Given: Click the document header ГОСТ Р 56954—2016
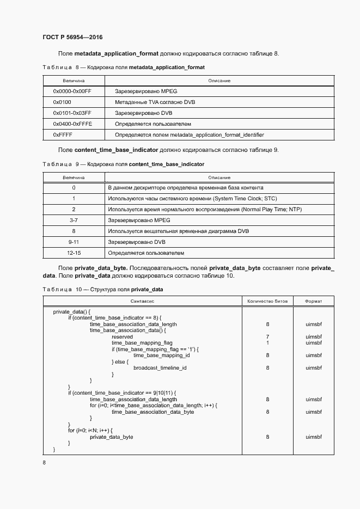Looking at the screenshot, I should (72, 38).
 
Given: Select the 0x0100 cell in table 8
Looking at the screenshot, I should (62, 102).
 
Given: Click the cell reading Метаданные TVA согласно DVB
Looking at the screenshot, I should (155, 102).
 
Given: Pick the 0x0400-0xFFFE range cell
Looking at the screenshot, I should (72, 124).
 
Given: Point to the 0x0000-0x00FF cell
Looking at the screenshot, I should (72, 91).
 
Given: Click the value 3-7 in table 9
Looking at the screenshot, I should (74, 220).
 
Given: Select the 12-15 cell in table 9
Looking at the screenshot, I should (74, 253).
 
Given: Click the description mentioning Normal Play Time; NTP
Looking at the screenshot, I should (205, 210).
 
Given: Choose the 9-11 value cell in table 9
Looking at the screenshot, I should (74, 242).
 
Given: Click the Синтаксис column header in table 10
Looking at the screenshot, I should (143, 301).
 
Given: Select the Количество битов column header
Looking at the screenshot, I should (267, 301).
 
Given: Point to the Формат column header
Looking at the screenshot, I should (313, 301).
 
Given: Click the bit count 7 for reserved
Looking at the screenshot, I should (267, 337).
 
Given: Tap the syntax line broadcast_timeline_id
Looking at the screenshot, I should (160, 368).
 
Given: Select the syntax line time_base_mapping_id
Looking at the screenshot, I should (161, 355).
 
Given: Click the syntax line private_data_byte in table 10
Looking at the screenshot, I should (111, 437).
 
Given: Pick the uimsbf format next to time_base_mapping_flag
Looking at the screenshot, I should (313, 343).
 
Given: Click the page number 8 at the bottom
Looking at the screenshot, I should (44, 463).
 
